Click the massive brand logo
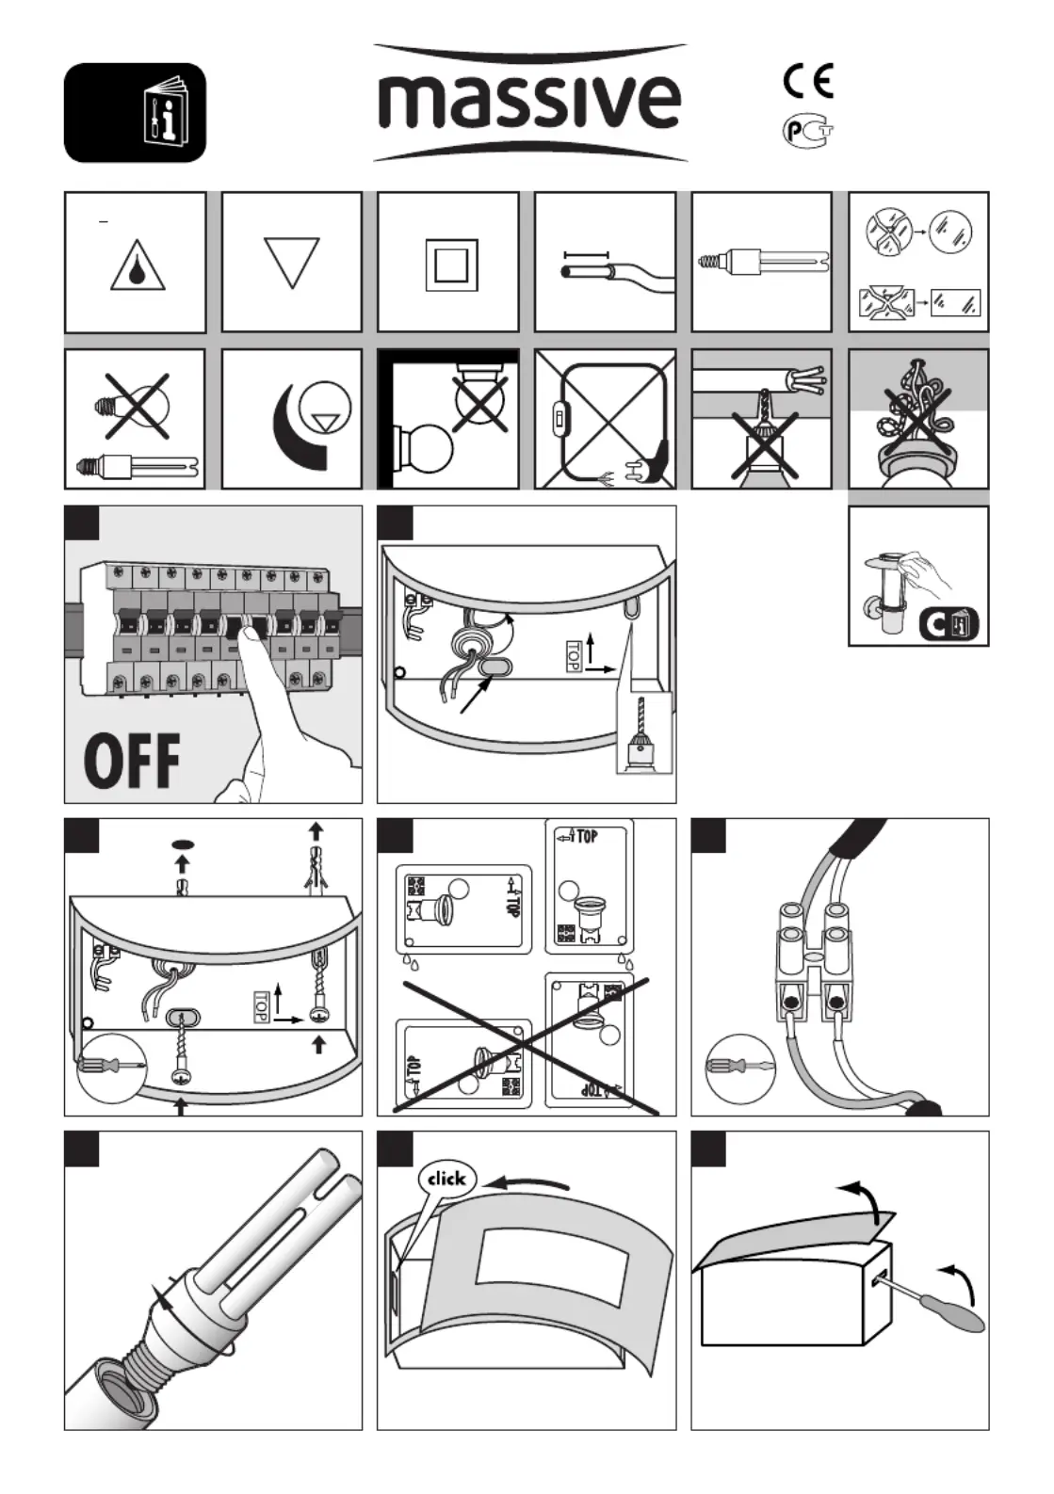(528, 101)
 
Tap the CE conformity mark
(808, 81)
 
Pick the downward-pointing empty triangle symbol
(292, 260)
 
